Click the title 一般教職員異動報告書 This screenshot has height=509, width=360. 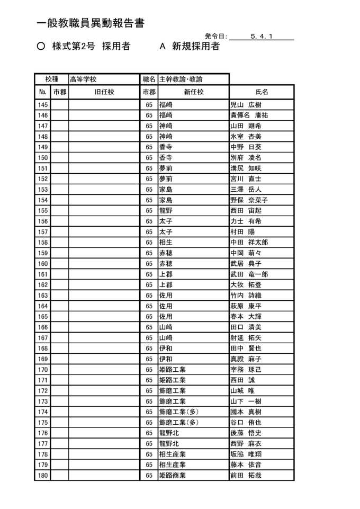(x=91, y=23)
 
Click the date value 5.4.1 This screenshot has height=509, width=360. (x=262, y=37)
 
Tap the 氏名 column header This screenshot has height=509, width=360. (x=262, y=92)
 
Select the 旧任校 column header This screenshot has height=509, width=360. (x=104, y=92)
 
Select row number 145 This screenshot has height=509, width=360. (x=43, y=104)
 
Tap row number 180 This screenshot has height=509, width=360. (x=43, y=475)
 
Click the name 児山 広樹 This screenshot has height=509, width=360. (x=246, y=104)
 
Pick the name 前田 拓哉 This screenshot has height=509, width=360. (x=246, y=475)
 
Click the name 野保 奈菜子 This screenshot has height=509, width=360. (x=249, y=200)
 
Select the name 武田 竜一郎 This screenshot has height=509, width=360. (x=249, y=274)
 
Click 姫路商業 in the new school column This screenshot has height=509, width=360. (x=172, y=475)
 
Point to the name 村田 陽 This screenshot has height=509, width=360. (x=242, y=231)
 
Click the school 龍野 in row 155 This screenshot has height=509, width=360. (x=166, y=210)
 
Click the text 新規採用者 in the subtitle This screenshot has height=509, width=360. (x=195, y=47)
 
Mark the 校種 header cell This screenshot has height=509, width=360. (x=51, y=79)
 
